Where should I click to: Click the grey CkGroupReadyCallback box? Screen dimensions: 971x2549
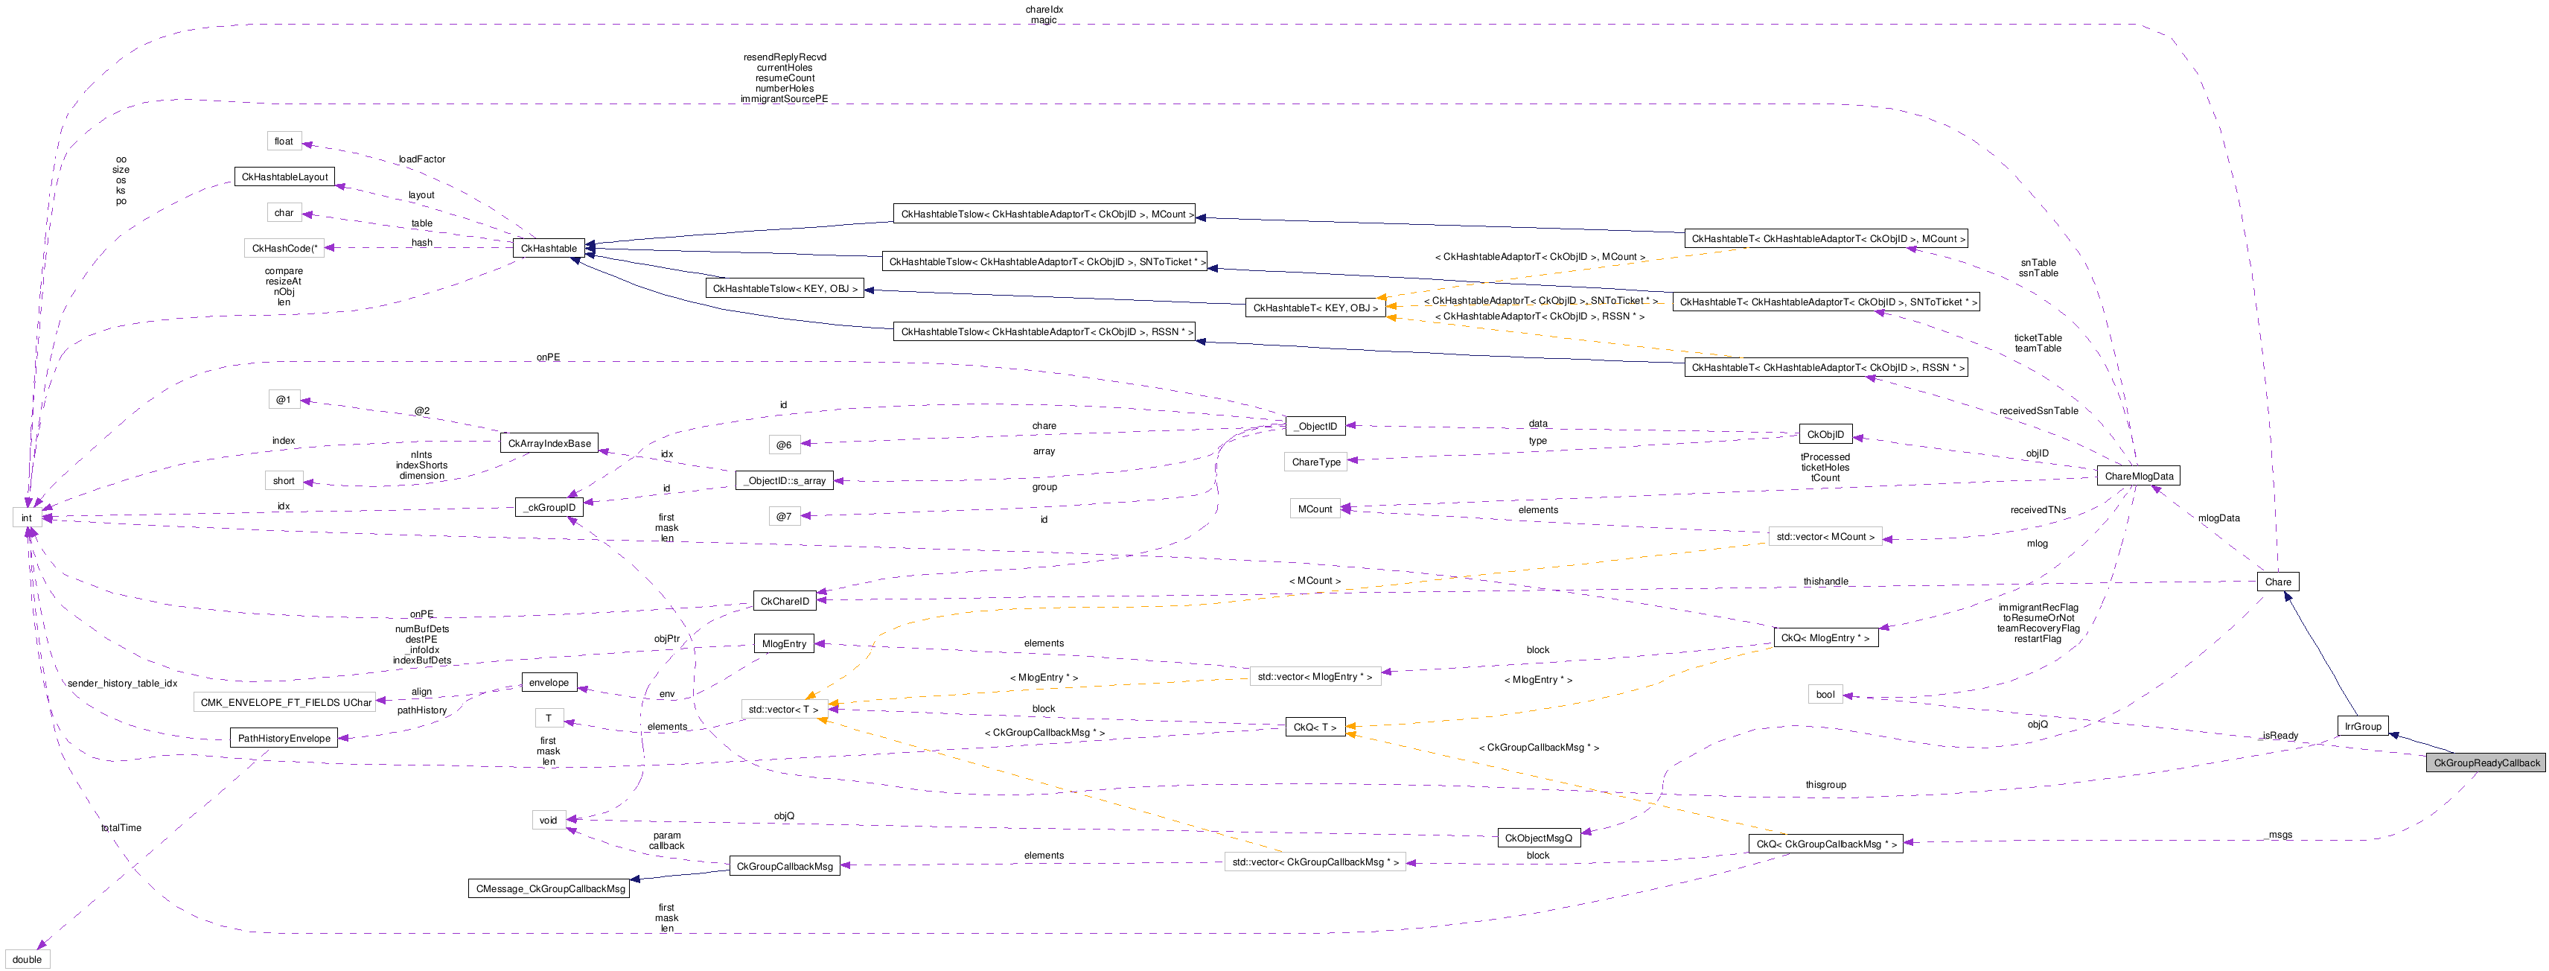[2486, 763]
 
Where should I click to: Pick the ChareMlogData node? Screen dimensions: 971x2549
[2138, 476]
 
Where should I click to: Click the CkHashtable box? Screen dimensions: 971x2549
[548, 249]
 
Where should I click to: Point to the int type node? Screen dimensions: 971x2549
[27, 518]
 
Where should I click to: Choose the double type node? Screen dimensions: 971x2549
[27, 959]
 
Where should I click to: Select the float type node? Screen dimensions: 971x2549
[284, 141]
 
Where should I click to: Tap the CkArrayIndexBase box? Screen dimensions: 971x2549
[549, 444]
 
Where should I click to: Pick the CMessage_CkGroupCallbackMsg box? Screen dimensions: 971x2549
[550, 889]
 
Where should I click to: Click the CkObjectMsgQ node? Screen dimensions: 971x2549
[1538, 838]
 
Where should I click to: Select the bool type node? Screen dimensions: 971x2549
[1825, 695]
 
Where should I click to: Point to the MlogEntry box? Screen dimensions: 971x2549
[784, 643]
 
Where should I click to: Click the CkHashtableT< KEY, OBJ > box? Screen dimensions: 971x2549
[1315, 308]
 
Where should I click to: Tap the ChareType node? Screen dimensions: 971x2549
[1316, 462]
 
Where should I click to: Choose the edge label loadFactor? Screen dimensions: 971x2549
[421, 159]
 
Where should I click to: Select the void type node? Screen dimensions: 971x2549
[548, 821]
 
